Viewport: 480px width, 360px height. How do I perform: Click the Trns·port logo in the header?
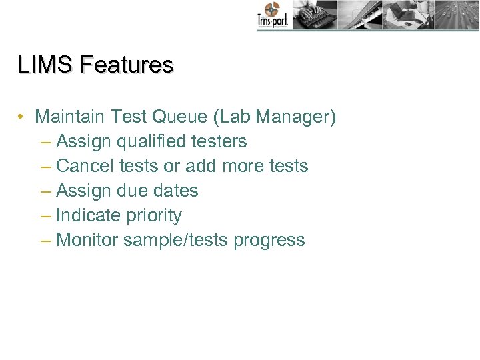tap(273, 16)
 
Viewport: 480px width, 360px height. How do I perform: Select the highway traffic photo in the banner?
tap(457, 15)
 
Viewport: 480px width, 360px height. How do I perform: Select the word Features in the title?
tap(126, 65)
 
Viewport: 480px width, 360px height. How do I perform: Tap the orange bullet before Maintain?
tap(22, 117)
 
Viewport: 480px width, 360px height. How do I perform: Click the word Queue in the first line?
tap(181, 117)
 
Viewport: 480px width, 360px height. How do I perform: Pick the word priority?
tap(155, 216)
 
